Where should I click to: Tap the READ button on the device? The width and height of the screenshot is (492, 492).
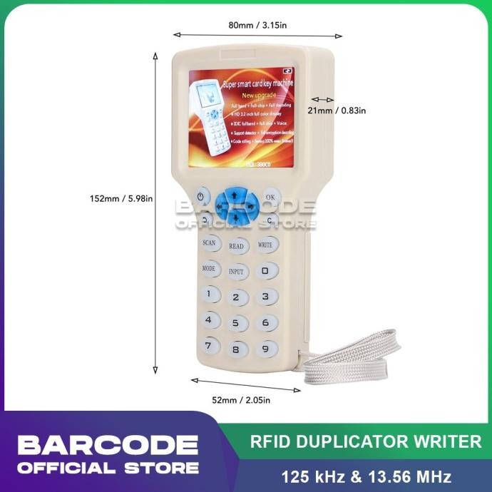(x=236, y=246)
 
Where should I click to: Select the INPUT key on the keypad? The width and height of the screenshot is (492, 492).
(x=236, y=272)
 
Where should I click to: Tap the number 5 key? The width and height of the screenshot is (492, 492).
(x=236, y=323)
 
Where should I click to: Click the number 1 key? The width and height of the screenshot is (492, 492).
(x=209, y=293)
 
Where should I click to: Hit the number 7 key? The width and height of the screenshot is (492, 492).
(x=208, y=346)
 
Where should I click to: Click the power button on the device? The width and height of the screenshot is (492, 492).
(x=202, y=196)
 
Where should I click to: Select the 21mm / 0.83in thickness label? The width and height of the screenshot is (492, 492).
(x=336, y=111)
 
